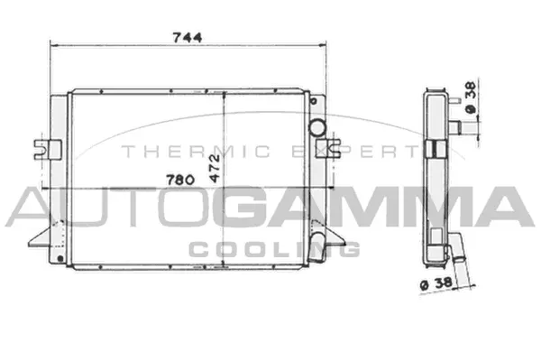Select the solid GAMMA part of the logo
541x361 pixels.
375,207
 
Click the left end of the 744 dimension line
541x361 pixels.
50,44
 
